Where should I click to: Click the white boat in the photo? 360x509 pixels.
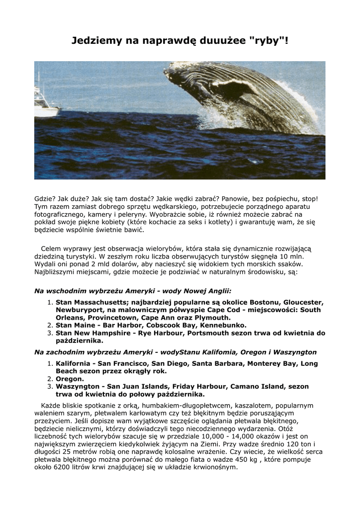(x=45, y=107)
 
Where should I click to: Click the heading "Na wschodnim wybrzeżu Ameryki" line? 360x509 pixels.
(x=133, y=291)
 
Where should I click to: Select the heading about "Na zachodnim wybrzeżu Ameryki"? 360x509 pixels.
(x=175, y=352)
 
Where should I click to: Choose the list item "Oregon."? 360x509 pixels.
(x=70, y=379)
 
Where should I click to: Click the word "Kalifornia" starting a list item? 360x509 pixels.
(x=74, y=363)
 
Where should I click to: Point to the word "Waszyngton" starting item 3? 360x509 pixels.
(x=78, y=386)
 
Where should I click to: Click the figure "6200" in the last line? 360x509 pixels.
(x=65, y=467)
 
